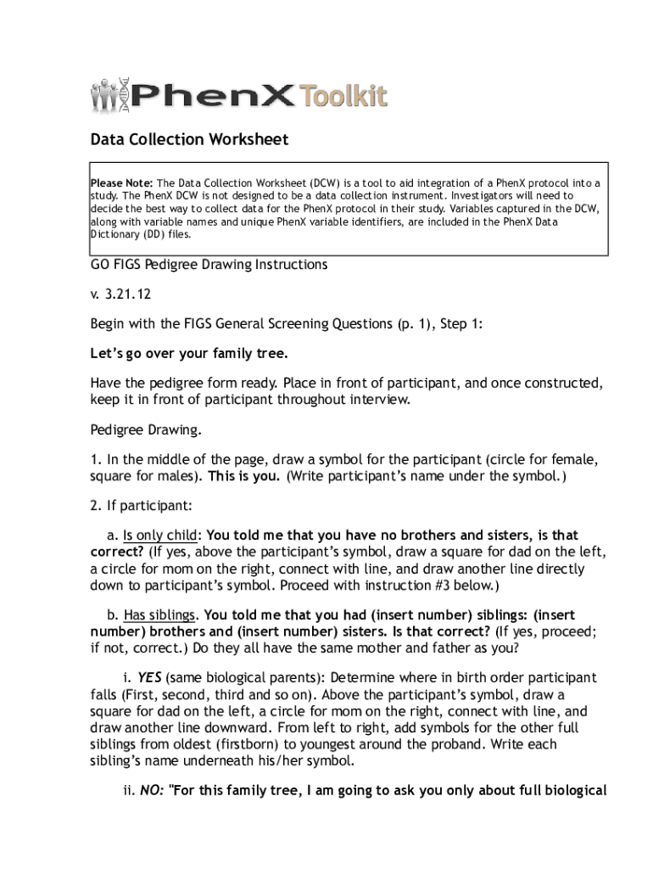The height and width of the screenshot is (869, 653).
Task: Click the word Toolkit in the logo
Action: (342, 94)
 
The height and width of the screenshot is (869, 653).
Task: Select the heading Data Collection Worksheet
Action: (190, 139)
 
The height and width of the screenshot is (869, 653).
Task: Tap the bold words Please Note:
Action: (122, 183)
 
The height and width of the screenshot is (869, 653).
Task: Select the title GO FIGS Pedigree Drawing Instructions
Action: (209, 265)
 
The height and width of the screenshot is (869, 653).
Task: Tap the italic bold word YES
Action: (149, 678)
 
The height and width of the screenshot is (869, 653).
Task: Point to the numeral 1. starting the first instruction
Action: (96, 460)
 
